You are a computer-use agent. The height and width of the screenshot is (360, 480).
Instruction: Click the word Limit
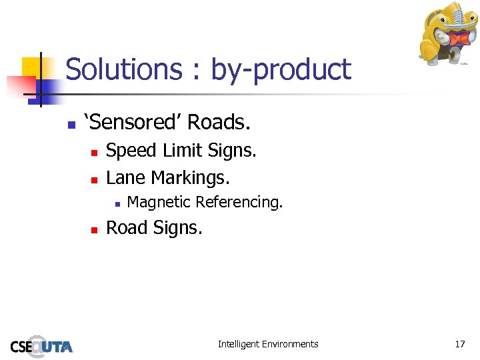coord(185,151)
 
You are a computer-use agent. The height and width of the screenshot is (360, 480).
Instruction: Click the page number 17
coord(460,344)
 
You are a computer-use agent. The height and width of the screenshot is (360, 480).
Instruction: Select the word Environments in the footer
coord(290,344)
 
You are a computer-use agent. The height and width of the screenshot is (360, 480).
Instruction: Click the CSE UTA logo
coord(41,345)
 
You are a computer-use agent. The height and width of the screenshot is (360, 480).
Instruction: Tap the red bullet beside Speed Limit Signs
coord(95,153)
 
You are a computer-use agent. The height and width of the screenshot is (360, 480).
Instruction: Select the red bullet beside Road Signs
coord(95,229)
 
